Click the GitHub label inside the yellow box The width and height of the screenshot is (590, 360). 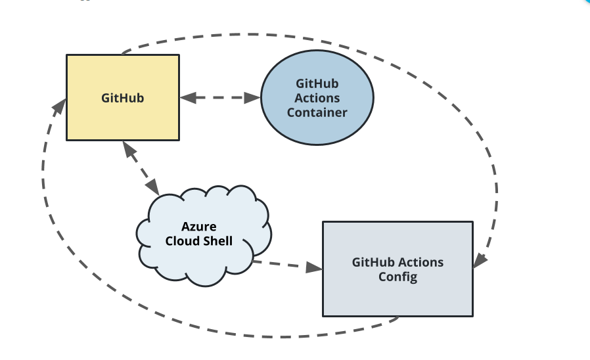122,99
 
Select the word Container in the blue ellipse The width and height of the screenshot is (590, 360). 317,112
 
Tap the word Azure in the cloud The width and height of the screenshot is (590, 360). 199,227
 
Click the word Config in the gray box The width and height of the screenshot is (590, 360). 397,277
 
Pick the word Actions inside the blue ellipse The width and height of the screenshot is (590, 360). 317,98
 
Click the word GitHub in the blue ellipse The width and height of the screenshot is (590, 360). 317,83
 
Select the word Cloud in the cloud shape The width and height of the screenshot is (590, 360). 181,241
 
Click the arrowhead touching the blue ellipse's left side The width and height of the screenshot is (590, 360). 254,98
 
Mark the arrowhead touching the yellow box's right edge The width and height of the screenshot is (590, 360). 188,97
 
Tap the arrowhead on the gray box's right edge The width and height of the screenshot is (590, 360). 480,260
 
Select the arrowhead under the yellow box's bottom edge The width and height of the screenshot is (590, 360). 127,148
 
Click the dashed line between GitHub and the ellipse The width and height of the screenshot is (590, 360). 220,98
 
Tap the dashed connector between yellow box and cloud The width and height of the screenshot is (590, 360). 141,168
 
